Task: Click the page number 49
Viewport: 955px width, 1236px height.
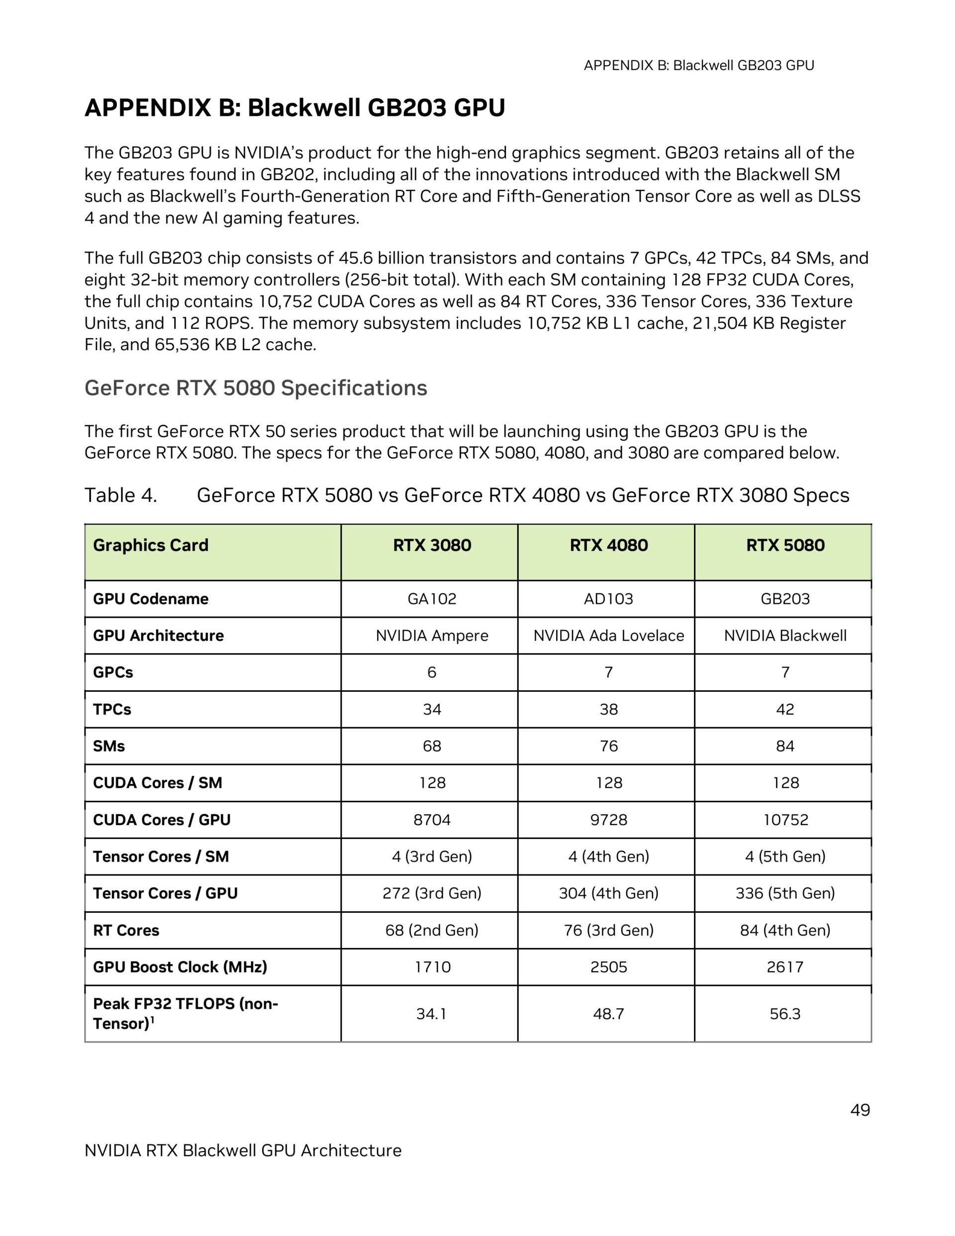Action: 859,1110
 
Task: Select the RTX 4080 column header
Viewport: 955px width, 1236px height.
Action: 608,545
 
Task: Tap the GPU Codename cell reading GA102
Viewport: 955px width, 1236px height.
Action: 431,599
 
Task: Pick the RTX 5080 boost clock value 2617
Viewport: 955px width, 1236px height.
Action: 784,966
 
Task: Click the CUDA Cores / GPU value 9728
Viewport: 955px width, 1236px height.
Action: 608,820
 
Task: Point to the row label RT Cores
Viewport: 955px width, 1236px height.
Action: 126,930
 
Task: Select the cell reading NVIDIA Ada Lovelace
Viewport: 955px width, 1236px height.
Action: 608,636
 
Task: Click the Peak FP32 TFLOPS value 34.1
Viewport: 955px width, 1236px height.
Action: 431,1014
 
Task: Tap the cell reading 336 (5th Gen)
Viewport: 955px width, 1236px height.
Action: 784,893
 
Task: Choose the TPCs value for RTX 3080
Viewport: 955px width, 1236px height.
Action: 431,709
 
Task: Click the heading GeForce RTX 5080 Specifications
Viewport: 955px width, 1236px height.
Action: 256,388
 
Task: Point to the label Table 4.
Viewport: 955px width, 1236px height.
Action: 120,495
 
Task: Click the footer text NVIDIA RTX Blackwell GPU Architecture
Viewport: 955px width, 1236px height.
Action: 243,1150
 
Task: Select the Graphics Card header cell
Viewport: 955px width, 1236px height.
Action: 151,545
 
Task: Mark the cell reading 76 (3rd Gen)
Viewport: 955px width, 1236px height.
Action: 608,930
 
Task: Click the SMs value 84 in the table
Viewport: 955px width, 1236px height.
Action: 784,746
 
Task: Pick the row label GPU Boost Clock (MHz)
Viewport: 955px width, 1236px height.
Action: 180,966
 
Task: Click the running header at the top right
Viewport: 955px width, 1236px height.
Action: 698,66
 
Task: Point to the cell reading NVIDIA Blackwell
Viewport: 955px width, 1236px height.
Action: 784,636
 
